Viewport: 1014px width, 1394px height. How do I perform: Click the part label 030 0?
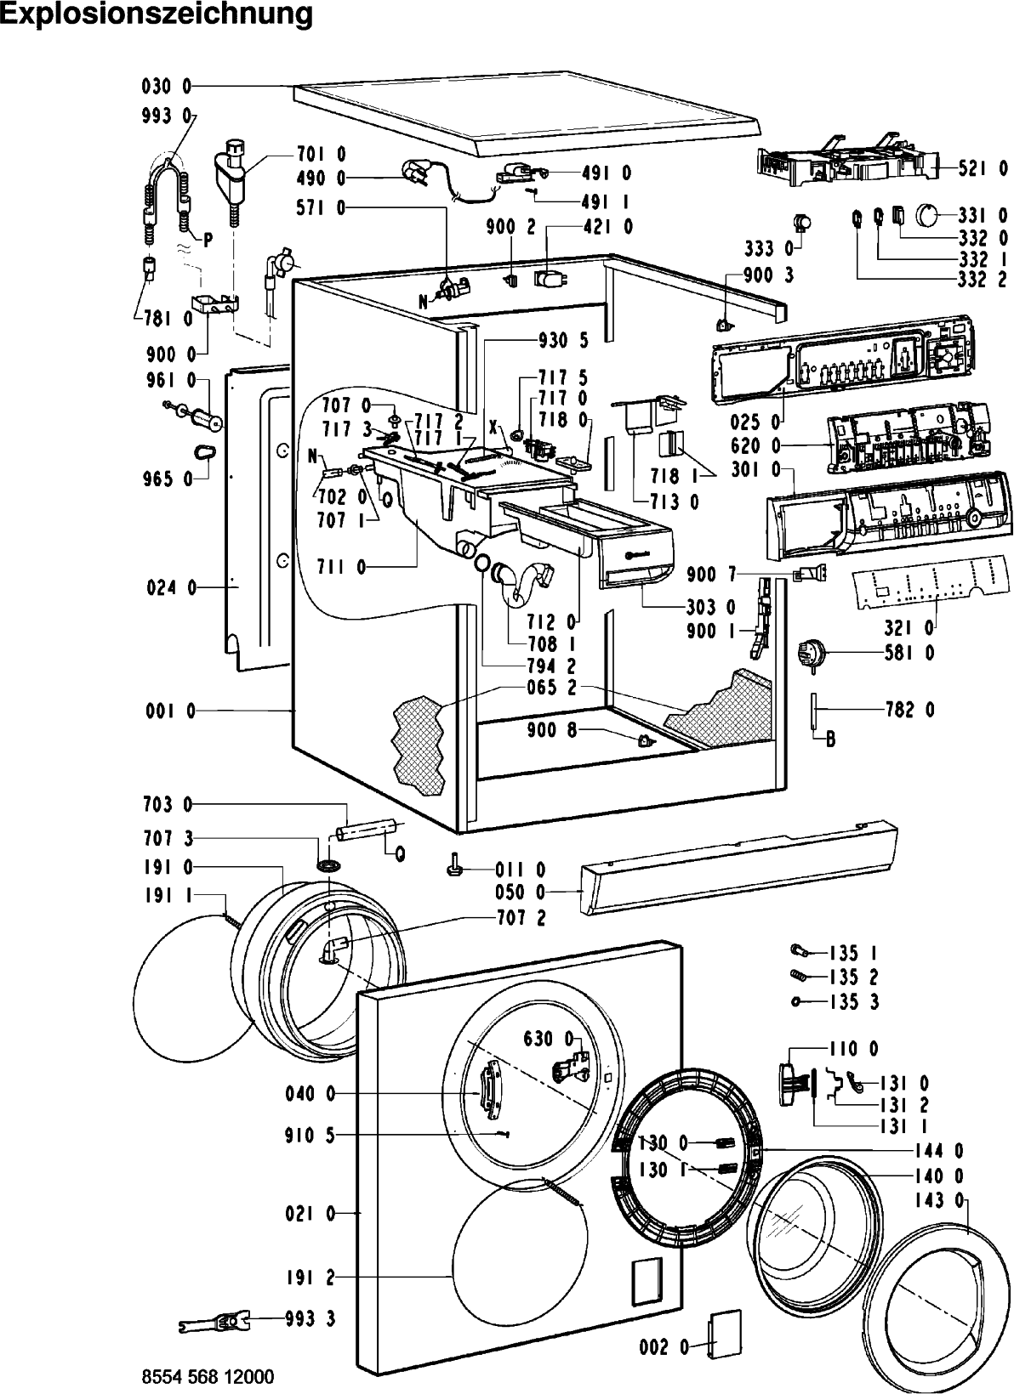167,87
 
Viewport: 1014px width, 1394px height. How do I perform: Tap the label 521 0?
983,168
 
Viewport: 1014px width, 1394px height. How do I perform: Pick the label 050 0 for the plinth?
520,892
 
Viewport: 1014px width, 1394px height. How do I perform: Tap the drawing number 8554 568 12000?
208,1376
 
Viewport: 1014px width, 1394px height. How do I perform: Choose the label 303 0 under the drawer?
711,606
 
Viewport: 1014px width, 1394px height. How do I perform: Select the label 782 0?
910,709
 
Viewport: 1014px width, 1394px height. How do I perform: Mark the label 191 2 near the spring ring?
310,1278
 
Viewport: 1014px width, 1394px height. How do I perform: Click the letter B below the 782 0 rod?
830,740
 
